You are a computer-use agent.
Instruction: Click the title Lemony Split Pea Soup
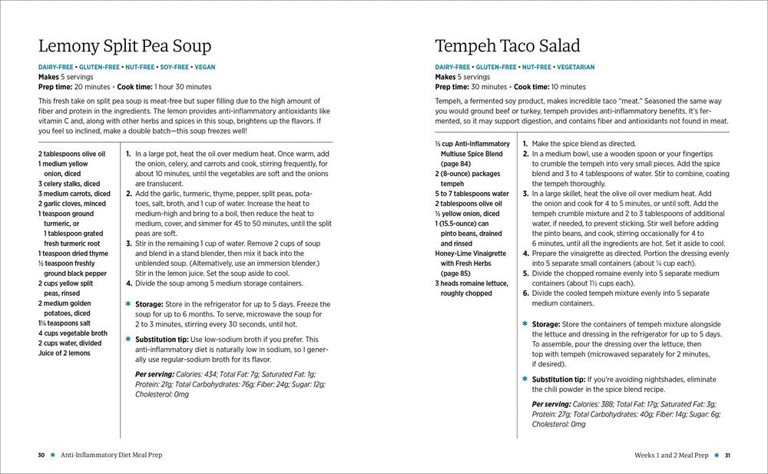point(124,45)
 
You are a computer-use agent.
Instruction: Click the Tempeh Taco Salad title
point(507,45)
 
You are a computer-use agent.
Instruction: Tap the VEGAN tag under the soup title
point(200,67)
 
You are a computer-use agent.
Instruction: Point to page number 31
point(727,455)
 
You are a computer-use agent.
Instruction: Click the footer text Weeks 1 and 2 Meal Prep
point(667,455)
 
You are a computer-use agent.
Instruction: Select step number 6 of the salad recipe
point(525,293)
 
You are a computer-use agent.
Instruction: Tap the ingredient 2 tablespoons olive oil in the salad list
point(472,204)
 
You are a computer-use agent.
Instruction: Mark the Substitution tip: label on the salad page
point(558,380)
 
